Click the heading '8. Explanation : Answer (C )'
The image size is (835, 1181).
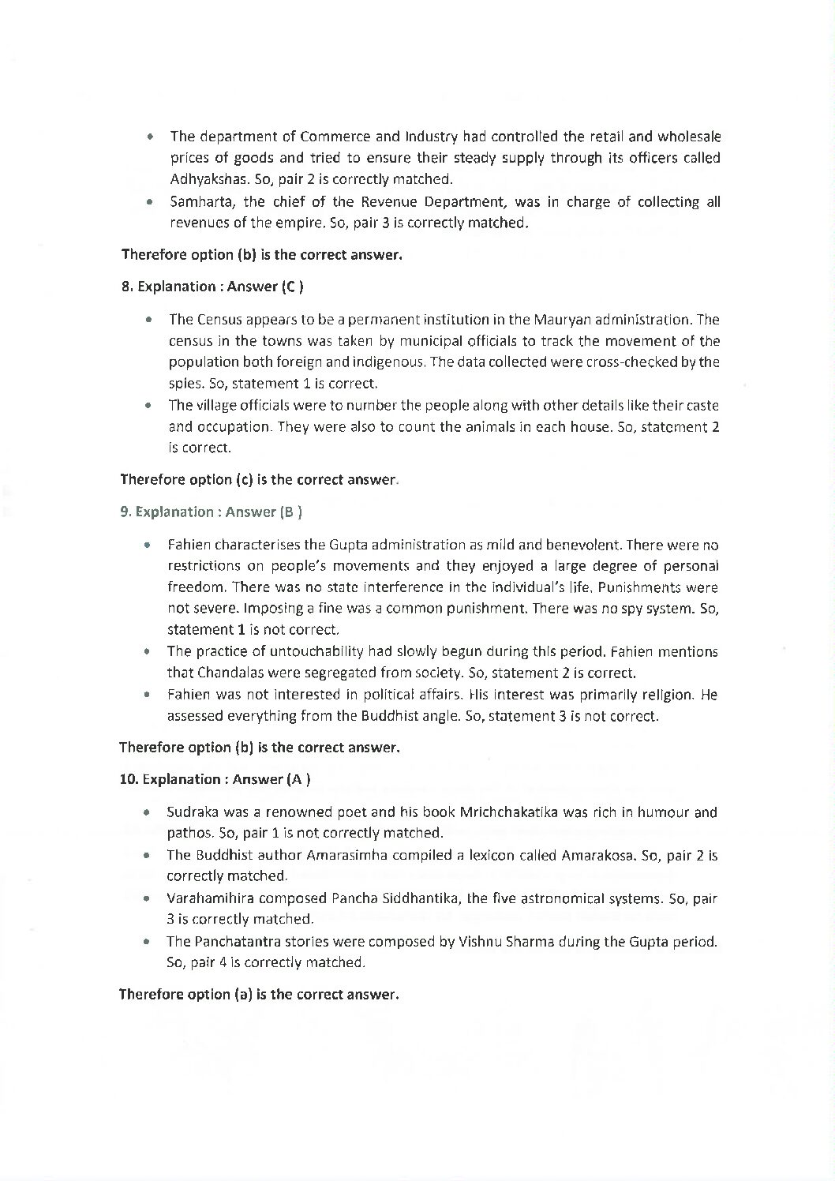(x=213, y=287)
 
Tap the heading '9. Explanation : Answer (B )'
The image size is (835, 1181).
(x=212, y=512)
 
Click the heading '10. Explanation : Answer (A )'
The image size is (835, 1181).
(x=215, y=779)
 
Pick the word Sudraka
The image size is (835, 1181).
(x=190, y=812)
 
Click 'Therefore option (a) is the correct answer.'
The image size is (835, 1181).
(x=259, y=995)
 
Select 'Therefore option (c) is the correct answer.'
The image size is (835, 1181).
(x=259, y=479)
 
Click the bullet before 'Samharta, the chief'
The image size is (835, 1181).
(x=148, y=202)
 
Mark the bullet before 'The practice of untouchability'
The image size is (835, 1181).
(x=147, y=653)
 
